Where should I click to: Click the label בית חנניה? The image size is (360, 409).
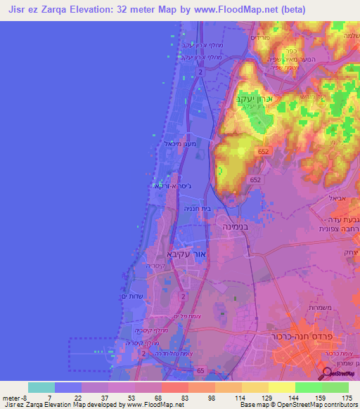[x=200, y=209]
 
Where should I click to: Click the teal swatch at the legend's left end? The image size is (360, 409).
[x=41, y=387]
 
